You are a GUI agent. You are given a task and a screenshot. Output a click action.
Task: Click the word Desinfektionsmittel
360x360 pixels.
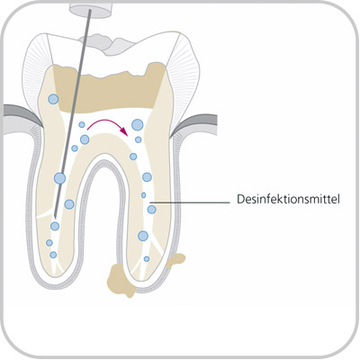click(288, 199)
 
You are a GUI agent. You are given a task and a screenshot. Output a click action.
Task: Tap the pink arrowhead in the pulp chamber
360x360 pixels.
click(122, 130)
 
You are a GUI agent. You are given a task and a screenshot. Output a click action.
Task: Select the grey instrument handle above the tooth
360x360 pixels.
click(92, 9)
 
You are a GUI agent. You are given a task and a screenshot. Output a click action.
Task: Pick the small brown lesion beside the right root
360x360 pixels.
click(175, 260)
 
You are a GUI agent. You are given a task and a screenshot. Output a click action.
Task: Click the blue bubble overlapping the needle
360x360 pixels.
click(59, 178)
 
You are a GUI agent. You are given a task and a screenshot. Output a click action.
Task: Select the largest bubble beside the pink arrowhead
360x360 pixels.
click(138, 124)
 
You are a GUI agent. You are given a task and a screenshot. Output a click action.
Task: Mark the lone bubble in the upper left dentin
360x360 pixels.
click(53, 99)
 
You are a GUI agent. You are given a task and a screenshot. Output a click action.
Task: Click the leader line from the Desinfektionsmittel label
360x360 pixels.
click(192, 202)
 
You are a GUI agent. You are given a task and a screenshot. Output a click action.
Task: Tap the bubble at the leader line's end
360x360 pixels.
click(152, 209)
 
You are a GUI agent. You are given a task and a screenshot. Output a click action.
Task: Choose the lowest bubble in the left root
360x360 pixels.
click(53, 255)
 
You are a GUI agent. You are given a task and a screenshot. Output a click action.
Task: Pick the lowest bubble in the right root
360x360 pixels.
click(147, 258)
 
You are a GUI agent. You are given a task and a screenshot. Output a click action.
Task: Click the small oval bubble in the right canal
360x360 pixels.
click(144, 195)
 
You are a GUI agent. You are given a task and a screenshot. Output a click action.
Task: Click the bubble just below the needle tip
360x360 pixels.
click(55, 226)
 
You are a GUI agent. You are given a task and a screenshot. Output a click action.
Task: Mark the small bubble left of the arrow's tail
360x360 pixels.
click(82, 124)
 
